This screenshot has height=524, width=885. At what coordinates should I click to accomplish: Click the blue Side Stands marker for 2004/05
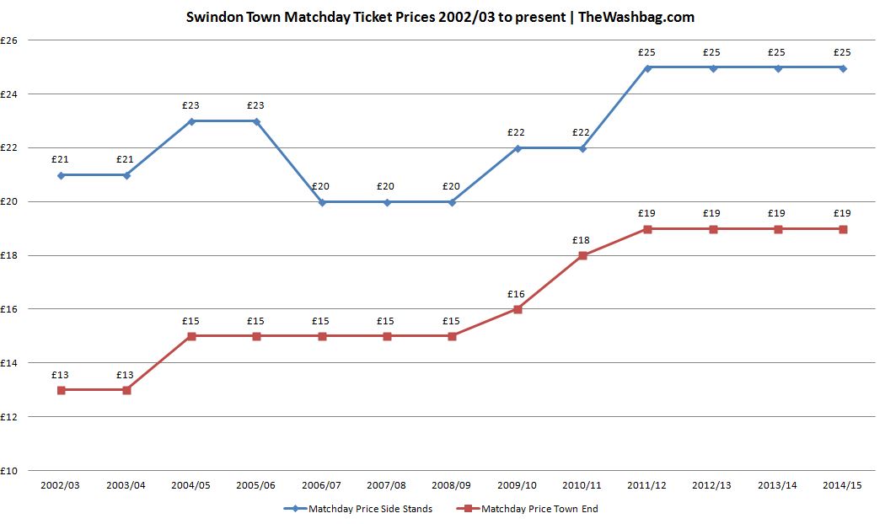pyautogui.click(x=191, y=121)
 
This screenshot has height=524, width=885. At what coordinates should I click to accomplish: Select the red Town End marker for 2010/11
pyautogui.click(x=582, y=256)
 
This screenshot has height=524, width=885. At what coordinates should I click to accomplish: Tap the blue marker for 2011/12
pyautogui.click(x=647, y=67)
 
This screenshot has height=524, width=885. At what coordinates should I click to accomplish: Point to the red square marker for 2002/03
pyautogui.click(x=62, y=390)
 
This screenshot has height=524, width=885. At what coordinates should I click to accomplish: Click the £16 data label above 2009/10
pyautogui.click(x=516, y=294)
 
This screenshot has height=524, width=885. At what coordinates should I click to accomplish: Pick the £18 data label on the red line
pyautogui.click(x=581, y=240)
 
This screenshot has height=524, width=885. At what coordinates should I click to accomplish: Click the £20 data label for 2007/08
pyautogui.click(x=386, y=186)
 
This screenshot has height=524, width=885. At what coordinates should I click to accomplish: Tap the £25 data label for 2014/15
pyautogui.click(x=842, y=52)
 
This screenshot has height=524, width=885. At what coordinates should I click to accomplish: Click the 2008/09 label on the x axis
pyautogui.click(x=451, y=486)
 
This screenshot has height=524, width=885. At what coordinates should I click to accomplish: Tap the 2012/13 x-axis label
pyautogui.click(x=711, y=486)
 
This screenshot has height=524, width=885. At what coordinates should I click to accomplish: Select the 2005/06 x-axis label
pyautogui.click(x=256, y=486)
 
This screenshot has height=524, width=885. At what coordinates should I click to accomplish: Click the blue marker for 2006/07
pyautogui.click(x=321, y=202)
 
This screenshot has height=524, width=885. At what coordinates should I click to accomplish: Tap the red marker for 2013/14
pyautogui.click(x=777, y=229)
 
